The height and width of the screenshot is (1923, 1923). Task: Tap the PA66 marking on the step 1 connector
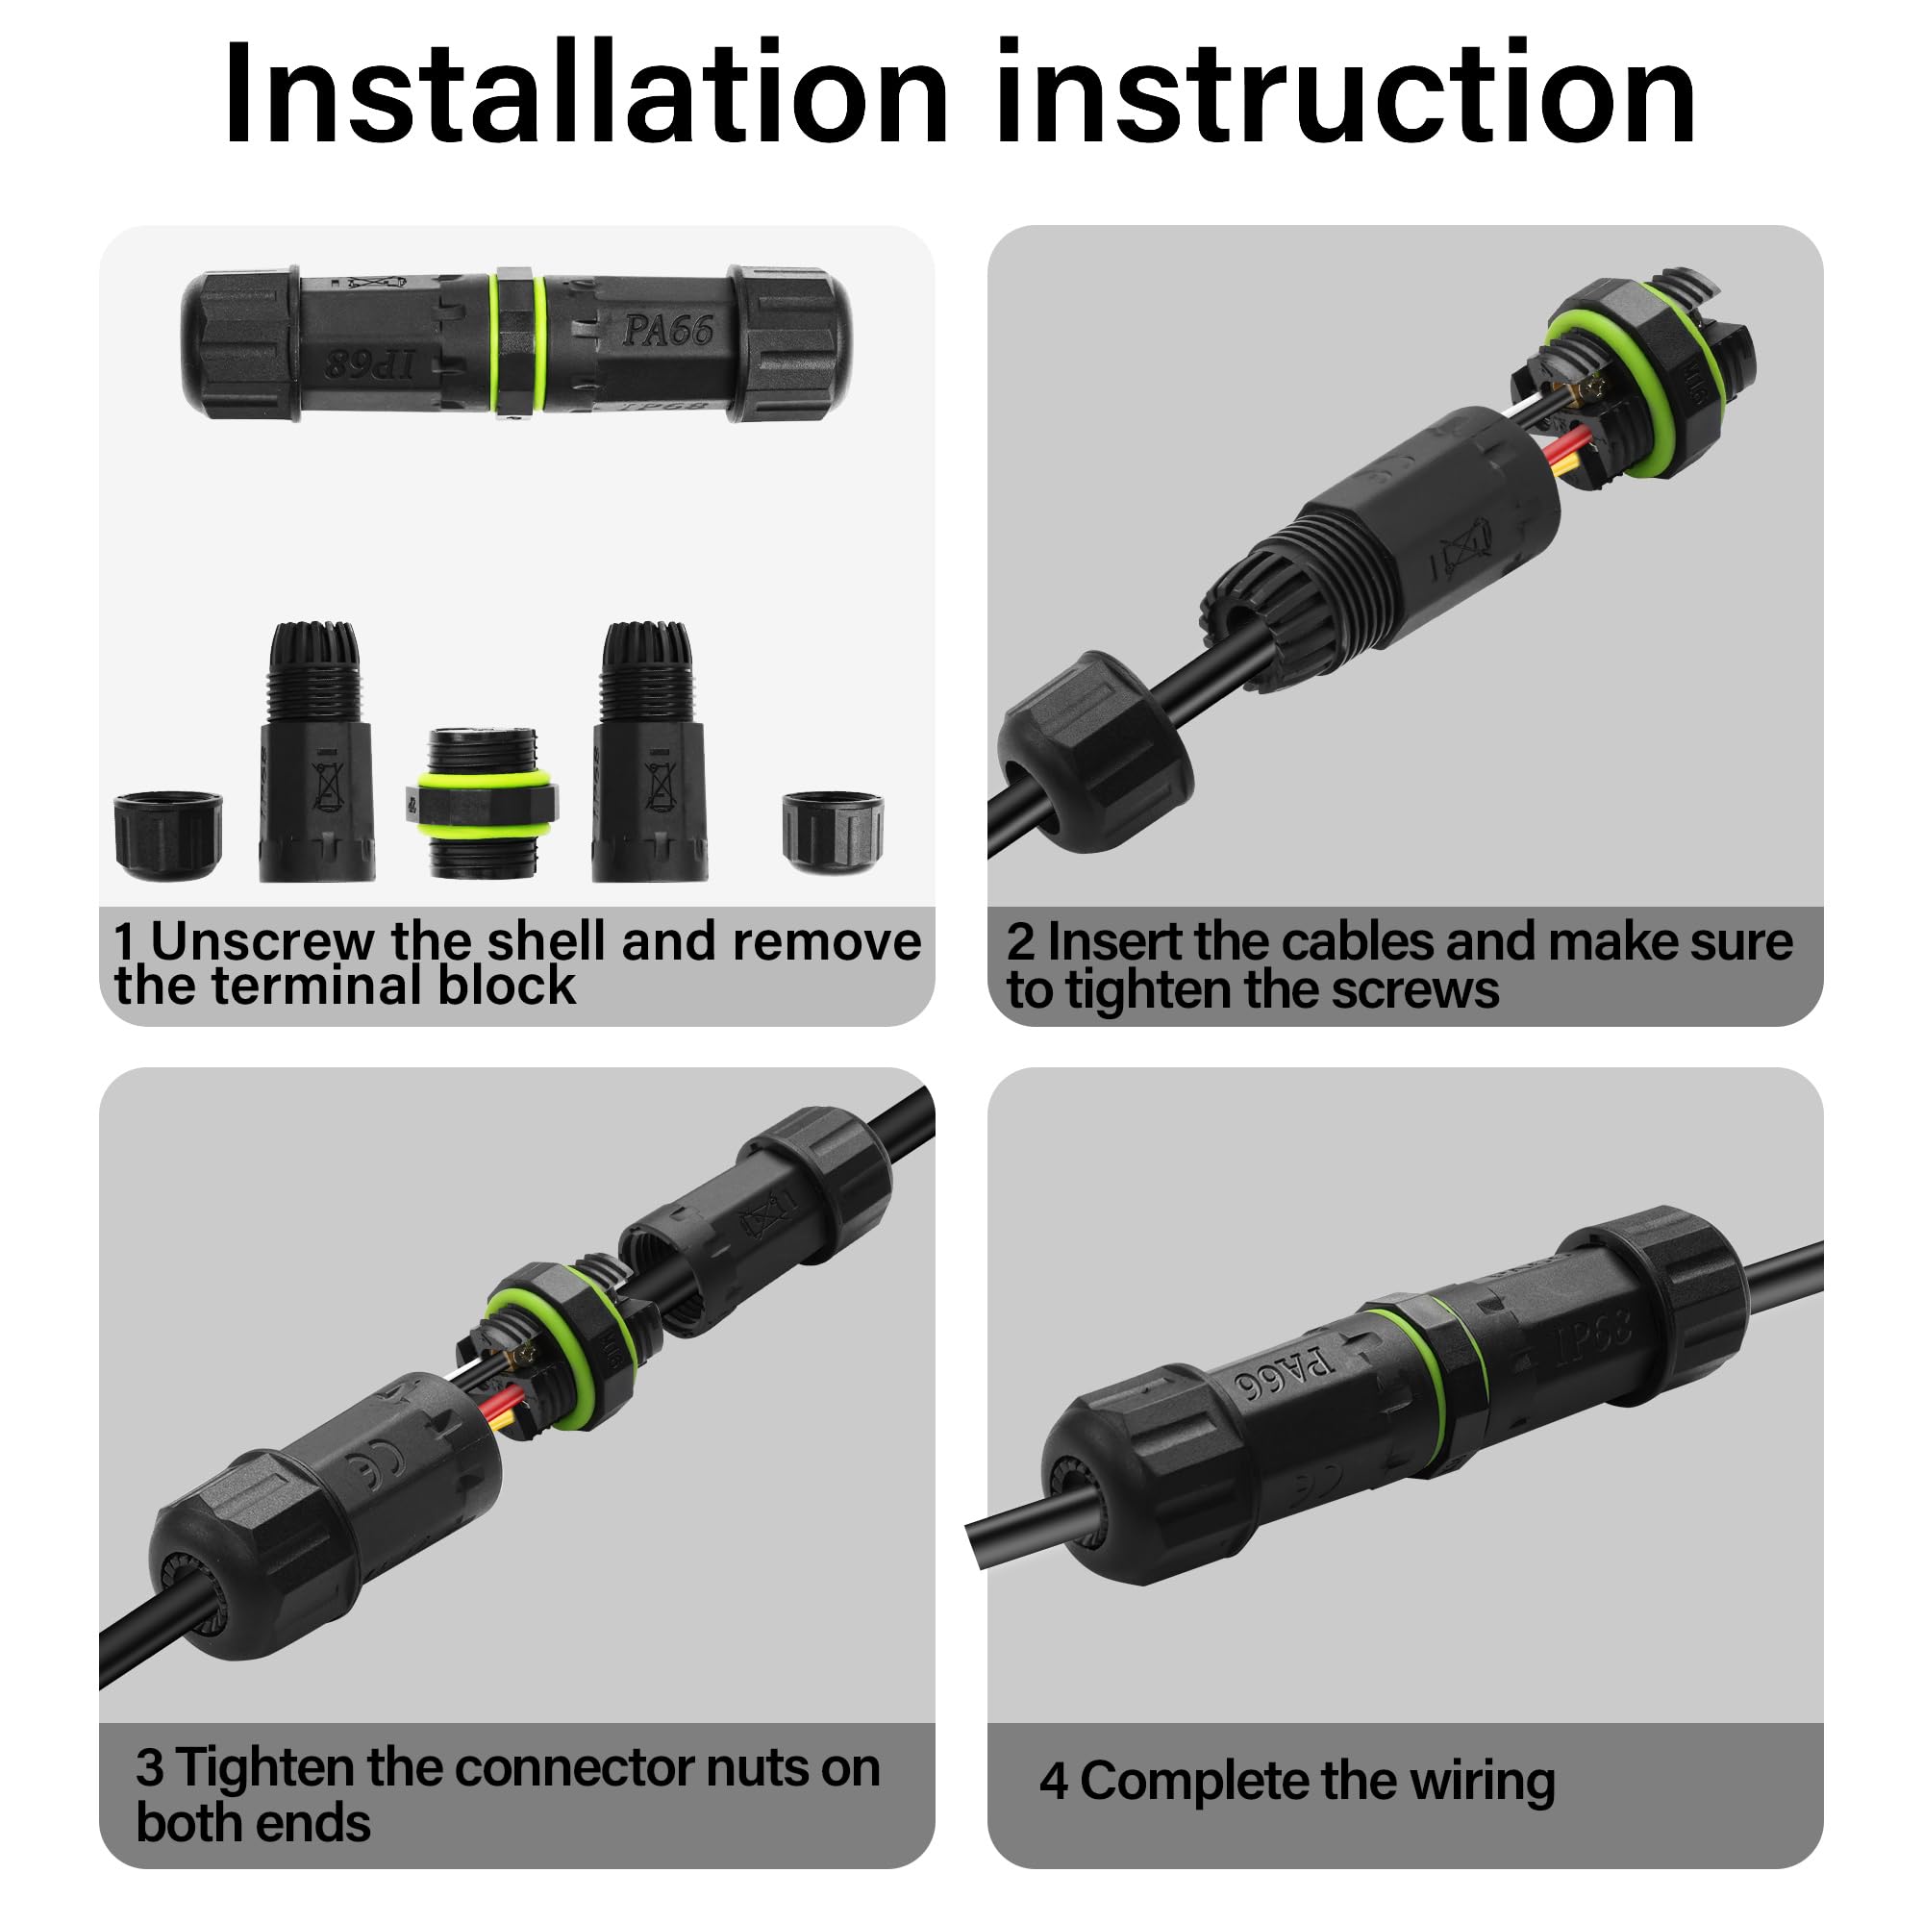[x=668, y=331]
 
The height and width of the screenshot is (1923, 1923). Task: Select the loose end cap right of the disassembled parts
[x=832, y=831]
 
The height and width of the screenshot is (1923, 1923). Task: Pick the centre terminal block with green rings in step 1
[x=482, y=802]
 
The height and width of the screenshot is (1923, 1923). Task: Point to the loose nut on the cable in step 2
[x=1096, y=752]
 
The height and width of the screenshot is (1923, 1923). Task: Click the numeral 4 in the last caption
[x=1053, y=1782]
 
